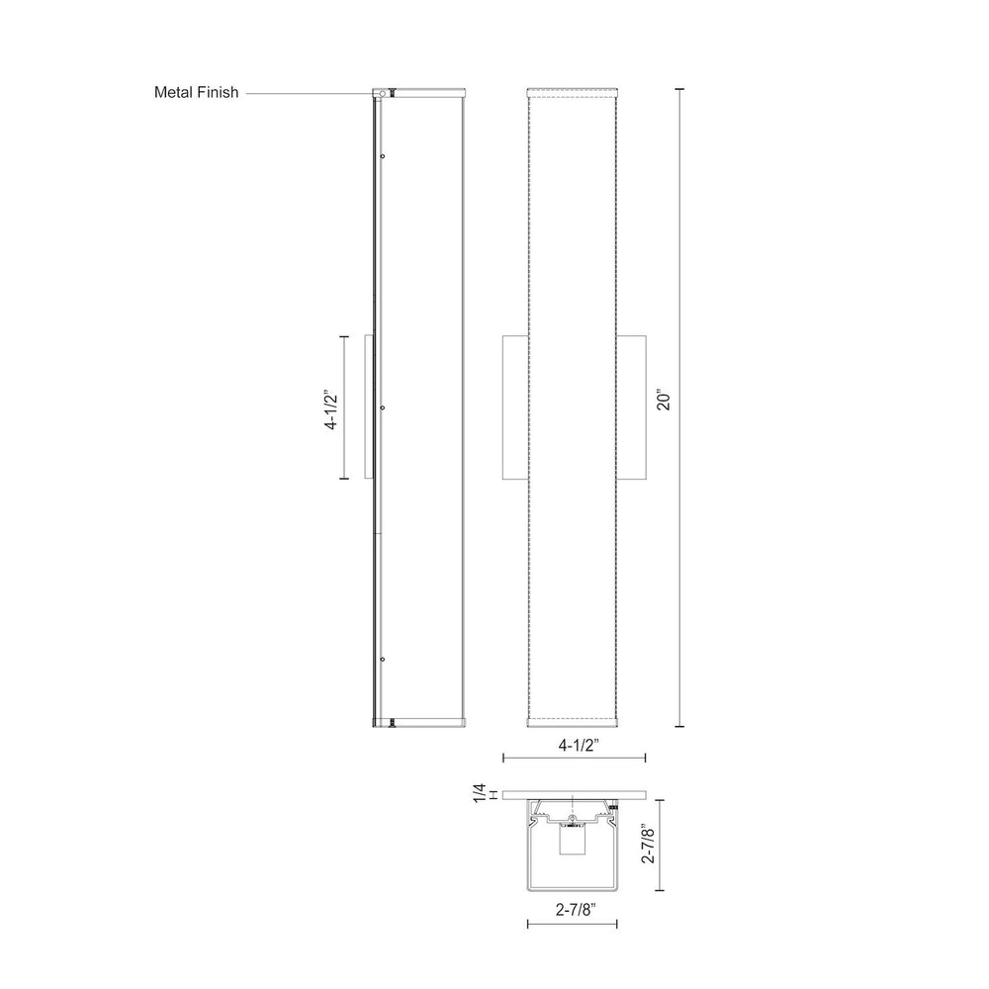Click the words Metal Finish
point(196,93)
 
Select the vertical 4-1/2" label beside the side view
point(332,408)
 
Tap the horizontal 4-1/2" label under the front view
point(575,741)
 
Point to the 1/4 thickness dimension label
point(481,793)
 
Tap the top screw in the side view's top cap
point(393,94)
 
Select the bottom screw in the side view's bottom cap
point(393,722)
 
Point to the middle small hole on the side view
point(382,405)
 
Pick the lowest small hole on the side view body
point(382,658)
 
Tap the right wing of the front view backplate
point(633,407)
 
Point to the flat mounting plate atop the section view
point(574,794)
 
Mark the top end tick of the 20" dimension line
point(679,89)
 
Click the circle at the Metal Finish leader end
point(378,94)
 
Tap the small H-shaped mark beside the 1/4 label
point(493,794)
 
